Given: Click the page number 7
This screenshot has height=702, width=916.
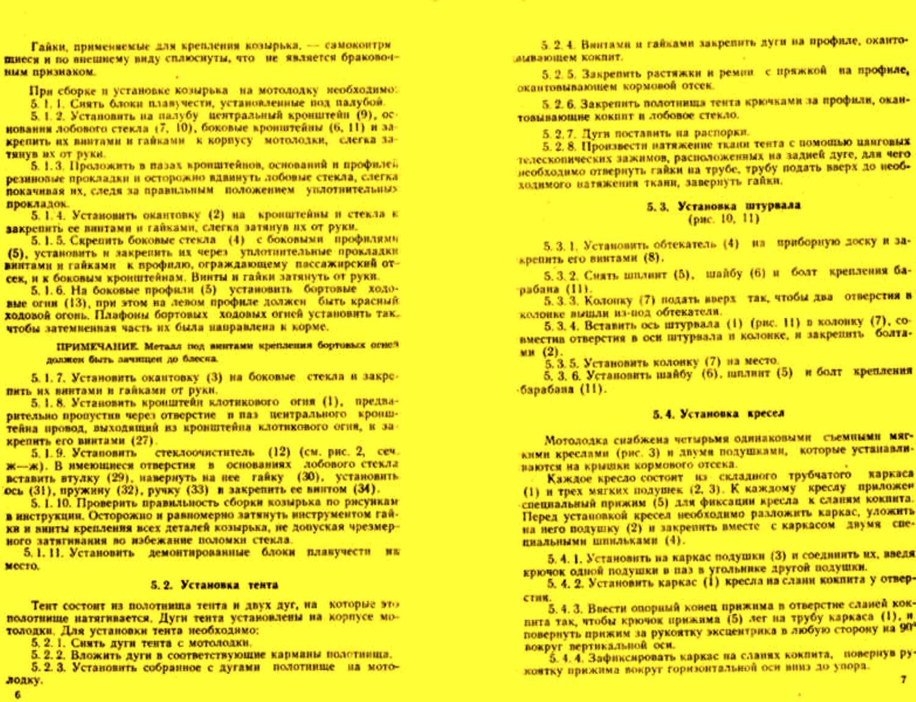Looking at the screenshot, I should [903, 679].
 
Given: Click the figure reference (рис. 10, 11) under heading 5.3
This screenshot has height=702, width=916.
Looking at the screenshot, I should [723, 218].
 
